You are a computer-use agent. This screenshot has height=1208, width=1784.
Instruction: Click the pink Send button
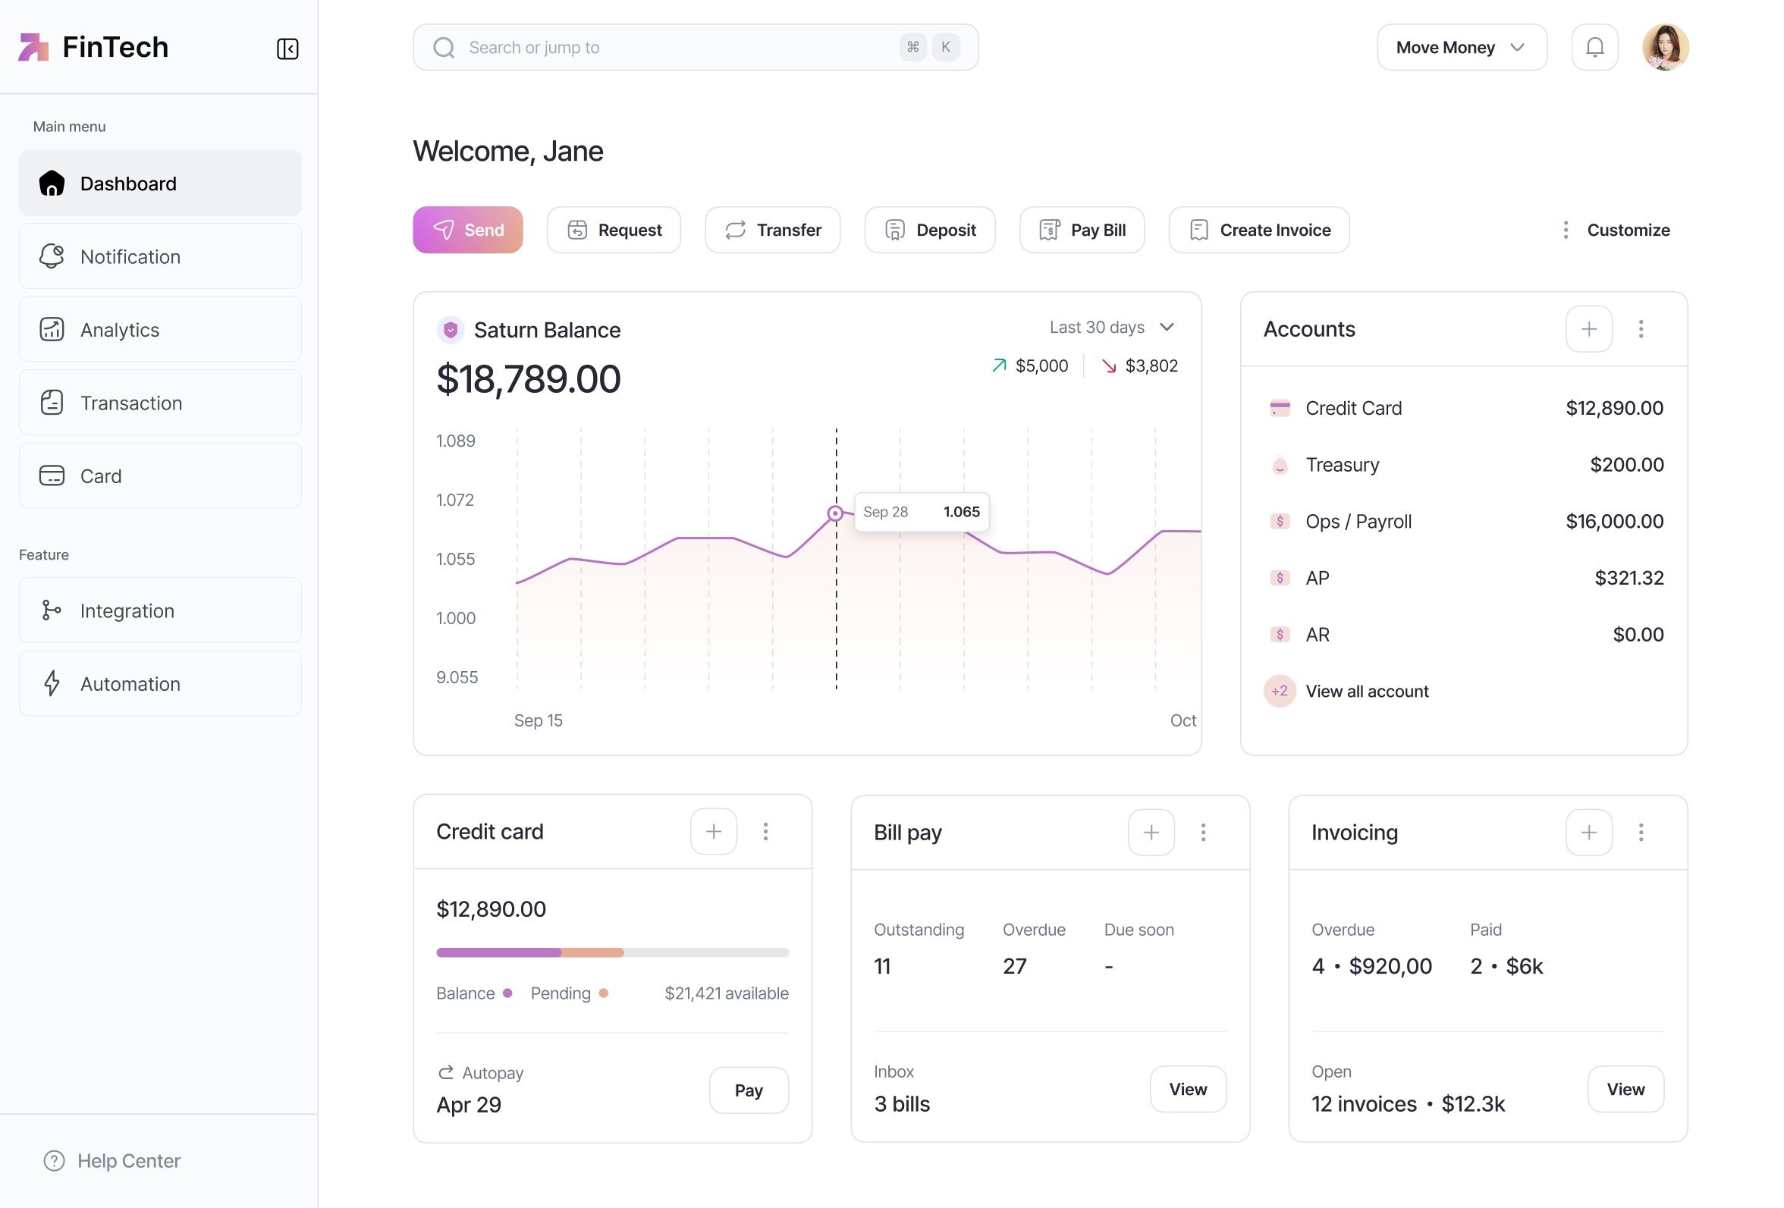click(467, 230)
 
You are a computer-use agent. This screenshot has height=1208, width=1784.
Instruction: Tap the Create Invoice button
click(1258, 230)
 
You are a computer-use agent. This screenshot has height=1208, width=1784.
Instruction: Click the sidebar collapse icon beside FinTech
click(287, 49)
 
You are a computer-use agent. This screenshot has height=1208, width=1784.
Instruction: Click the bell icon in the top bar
click(1594, 48)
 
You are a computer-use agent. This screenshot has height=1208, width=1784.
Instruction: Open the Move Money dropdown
click(1461, 48)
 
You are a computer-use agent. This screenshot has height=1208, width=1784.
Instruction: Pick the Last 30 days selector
click(1110, 327)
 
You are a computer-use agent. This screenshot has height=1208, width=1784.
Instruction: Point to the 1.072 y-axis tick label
click(454, 500)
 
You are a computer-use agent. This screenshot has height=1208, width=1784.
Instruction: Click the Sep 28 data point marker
click(834, 513)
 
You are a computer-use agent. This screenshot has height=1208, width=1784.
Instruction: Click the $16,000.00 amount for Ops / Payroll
click(1613, 521)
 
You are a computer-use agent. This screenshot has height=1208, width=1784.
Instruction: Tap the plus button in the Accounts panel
click(1588, 328)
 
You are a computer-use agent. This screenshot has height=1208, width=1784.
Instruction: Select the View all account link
click(1366, 691)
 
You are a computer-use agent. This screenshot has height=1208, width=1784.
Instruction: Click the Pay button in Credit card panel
click(748, 1089)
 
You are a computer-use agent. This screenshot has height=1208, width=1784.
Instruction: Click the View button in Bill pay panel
click(1187, 1088)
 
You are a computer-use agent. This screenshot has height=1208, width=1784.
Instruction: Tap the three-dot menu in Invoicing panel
click(1640, 832)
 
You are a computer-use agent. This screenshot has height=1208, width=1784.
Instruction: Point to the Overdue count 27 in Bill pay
click(1013, 965)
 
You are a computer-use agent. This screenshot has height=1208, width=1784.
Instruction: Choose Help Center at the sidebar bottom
click(128, 1159)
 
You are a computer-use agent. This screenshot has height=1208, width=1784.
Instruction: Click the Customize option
click(1628, 230)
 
